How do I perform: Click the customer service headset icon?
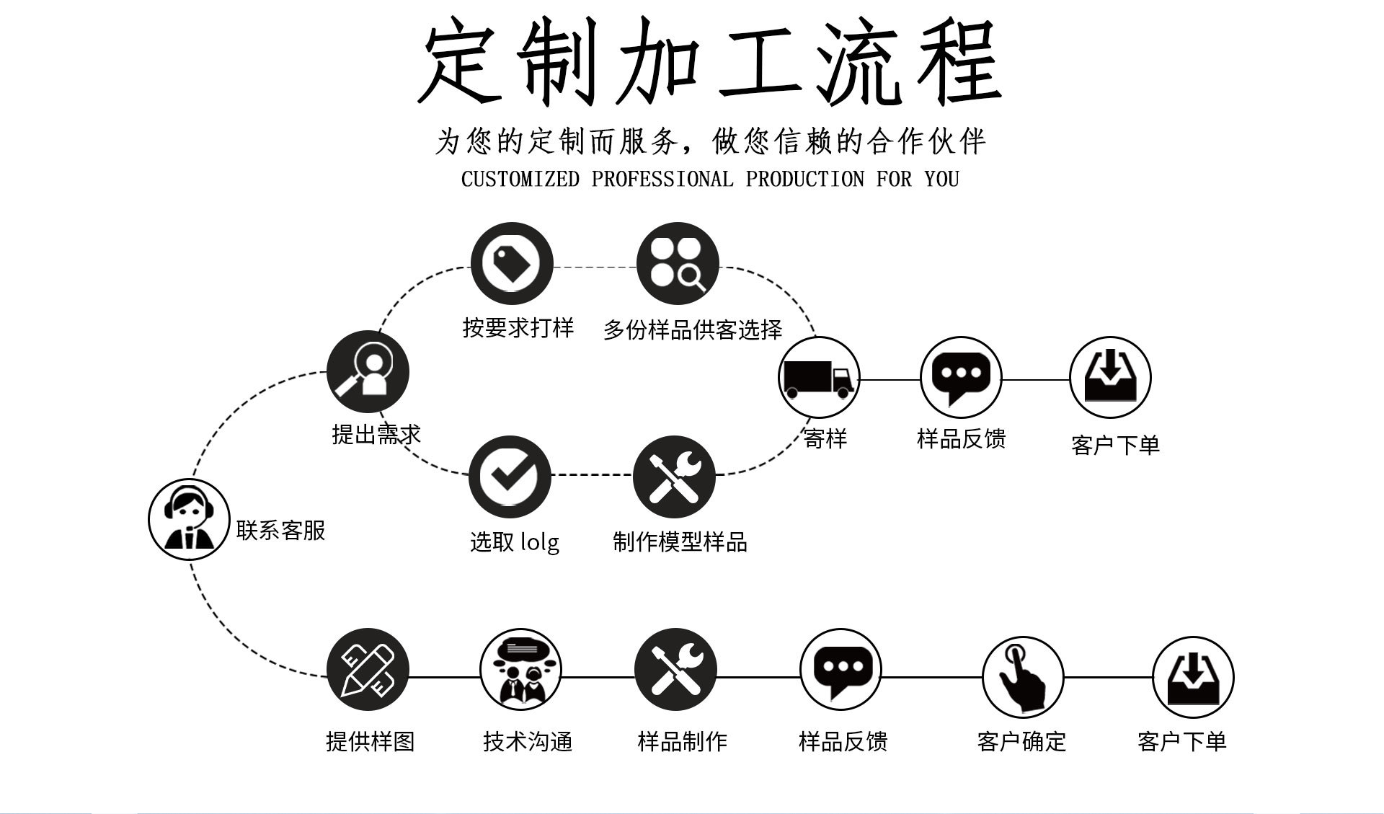point(189,519)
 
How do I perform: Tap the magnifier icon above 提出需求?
point(368,372)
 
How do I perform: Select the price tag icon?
point(512,263)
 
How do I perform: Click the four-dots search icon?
point(678,263)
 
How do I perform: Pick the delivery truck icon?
point(819,378)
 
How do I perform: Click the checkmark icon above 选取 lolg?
point(510,477)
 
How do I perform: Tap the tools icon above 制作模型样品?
point(674,477)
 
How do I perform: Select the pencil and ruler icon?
point(368,670)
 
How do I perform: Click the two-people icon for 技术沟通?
point(520,670)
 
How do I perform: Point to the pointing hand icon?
point(1022,676)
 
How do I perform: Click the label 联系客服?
point(281,531)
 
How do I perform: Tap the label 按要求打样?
point(518,328)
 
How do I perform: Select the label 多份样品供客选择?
point(693,330)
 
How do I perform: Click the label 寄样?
point(825,438)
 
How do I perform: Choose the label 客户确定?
point(1021,741)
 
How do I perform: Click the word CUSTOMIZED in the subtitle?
point(520,180)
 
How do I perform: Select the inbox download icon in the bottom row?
point(1193,678)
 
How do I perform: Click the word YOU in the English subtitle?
point(941,180)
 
